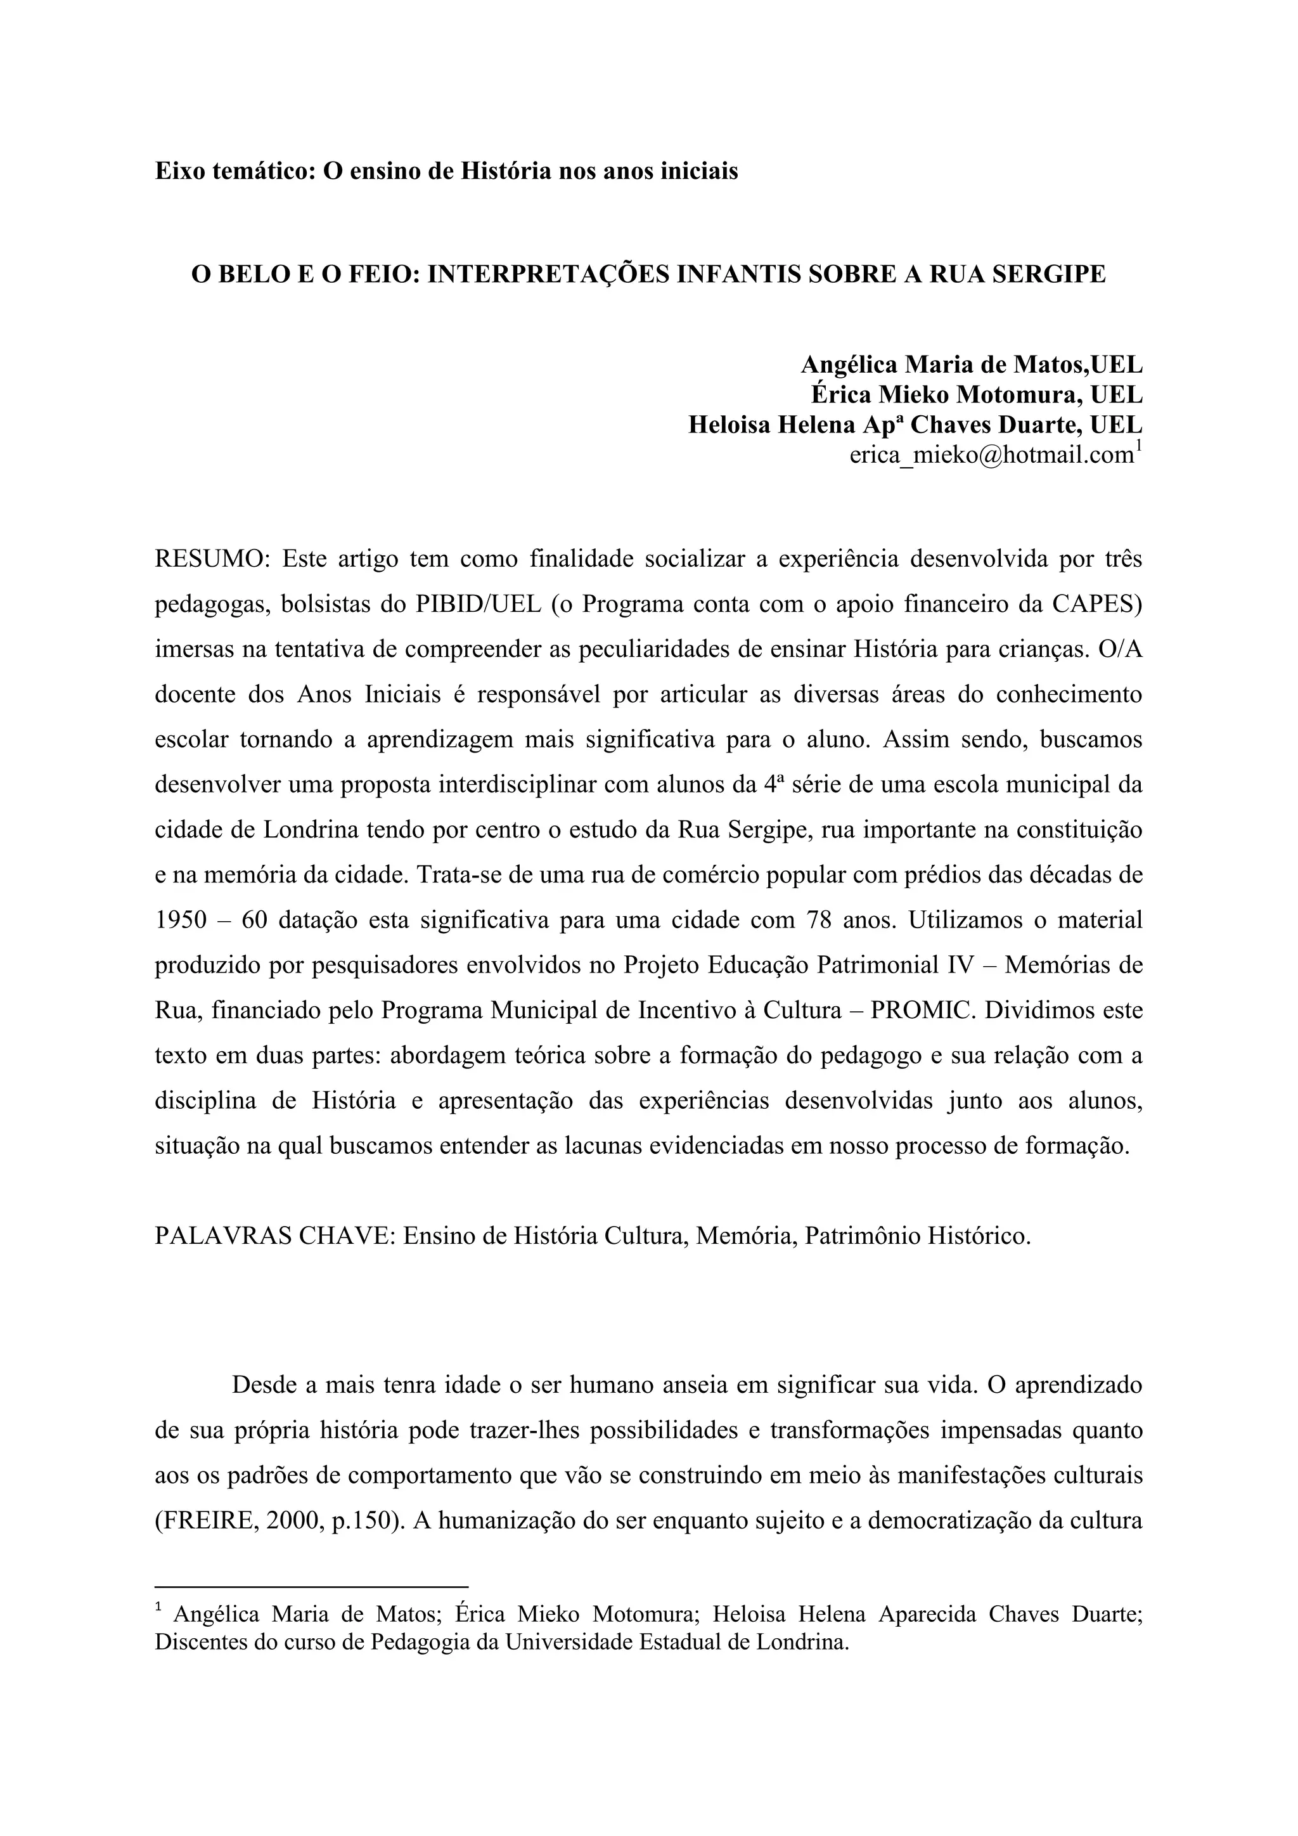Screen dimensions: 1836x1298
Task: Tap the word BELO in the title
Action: (254, 275)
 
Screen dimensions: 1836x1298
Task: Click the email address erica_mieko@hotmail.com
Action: (991, 455)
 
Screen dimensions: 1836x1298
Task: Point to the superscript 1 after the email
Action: (1138, 446)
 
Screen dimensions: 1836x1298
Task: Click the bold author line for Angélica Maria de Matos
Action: (971, 365)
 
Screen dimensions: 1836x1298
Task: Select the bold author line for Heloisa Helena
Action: (915, 425)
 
